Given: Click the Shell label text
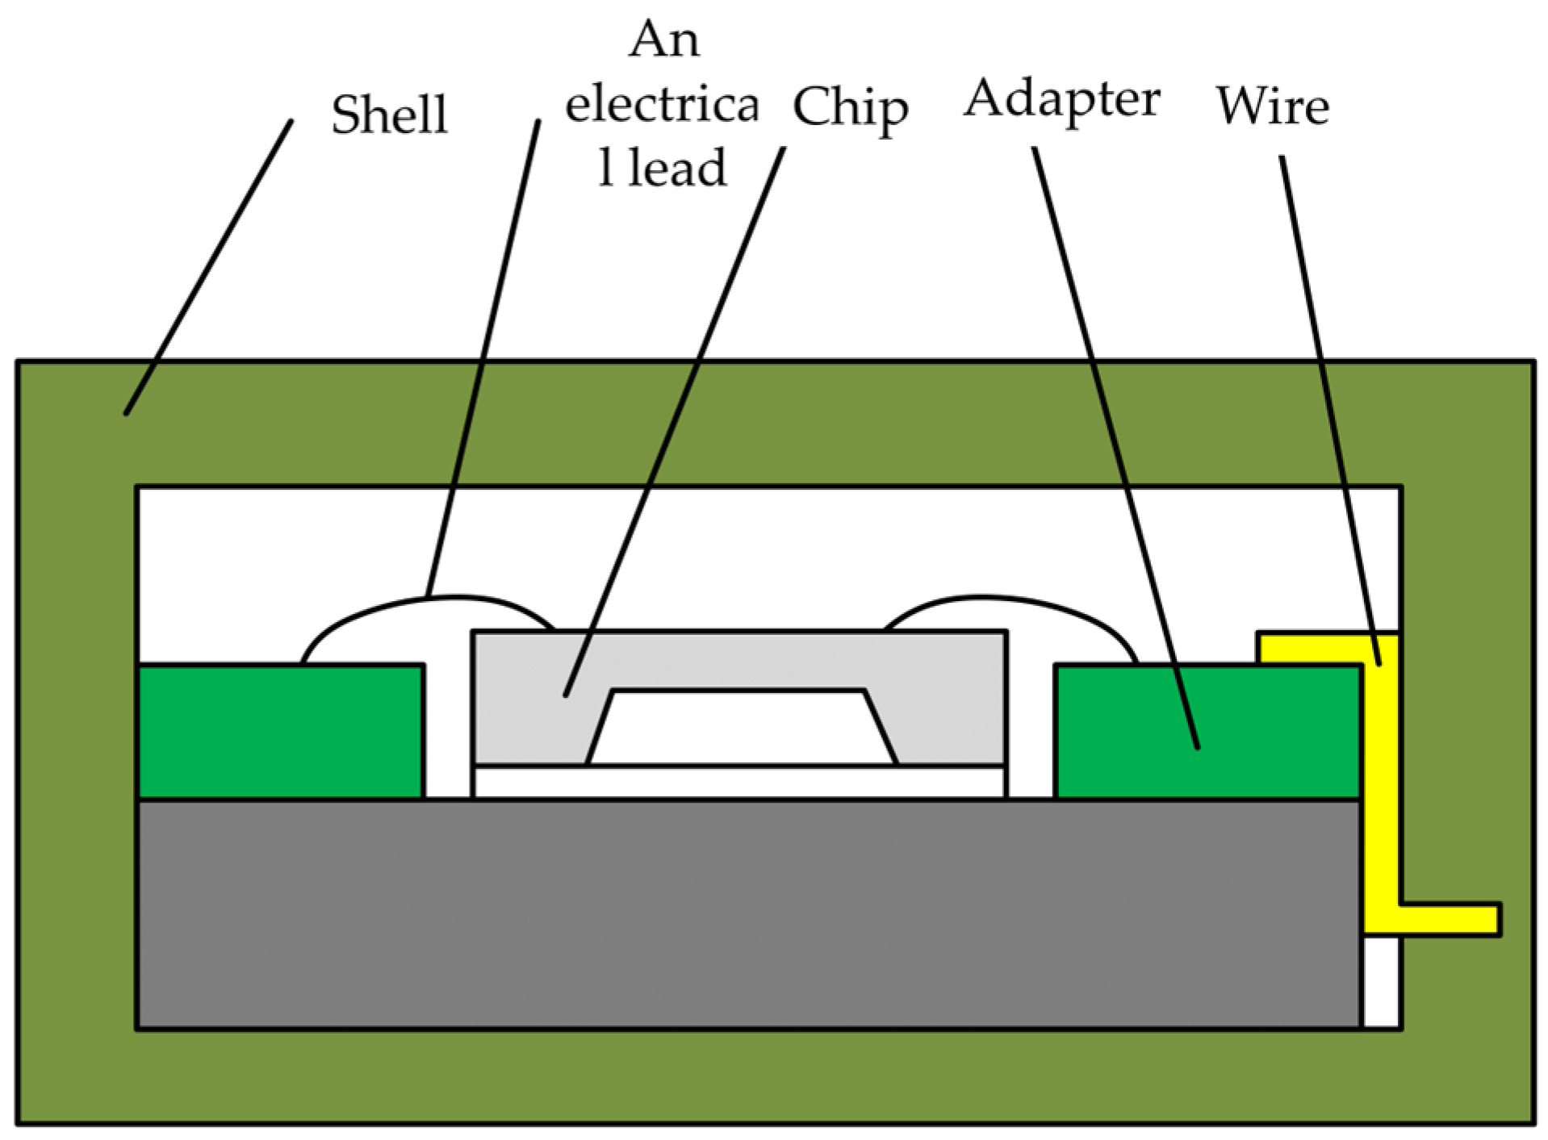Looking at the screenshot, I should tap(389, 114).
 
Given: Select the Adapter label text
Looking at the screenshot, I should tap(1062, 99).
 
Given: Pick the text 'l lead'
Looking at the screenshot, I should tap(662, 168).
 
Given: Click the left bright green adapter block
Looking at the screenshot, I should tap(280, 731).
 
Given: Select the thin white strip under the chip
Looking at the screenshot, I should tap(738, 782).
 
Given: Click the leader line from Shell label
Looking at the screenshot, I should tap(208, 268).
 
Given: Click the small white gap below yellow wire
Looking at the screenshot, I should tap(1381, 981).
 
